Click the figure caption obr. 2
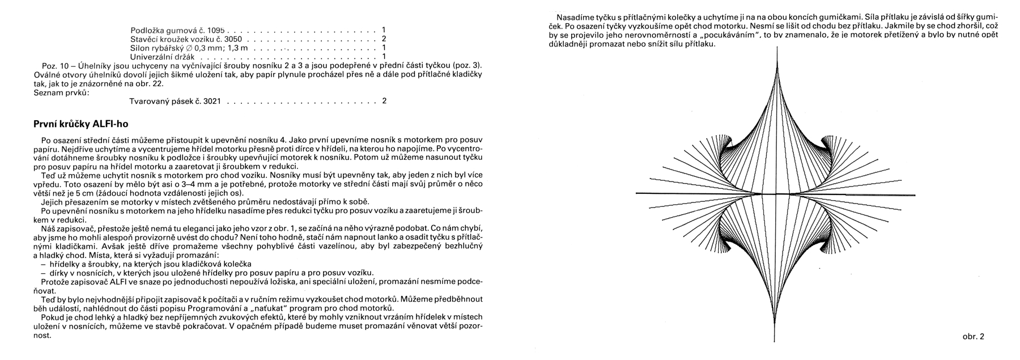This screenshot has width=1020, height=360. [972, 337]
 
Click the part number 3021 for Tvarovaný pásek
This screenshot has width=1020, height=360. [211, 101]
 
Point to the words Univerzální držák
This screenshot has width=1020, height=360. [162, 57]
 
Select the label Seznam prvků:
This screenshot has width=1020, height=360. [62, 92]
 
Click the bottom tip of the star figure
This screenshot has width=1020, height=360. [775, 342]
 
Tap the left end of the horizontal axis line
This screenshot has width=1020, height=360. [636, 193]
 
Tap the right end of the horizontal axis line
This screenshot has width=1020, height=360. [914, 196]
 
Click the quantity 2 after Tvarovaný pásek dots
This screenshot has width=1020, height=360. [384, 101]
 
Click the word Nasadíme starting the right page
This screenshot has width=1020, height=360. [574, 17]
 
